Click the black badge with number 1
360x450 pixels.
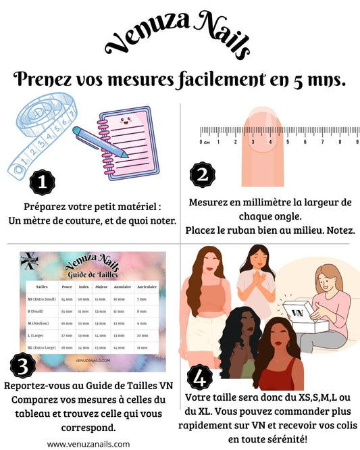(43, 181)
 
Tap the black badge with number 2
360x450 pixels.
(202, 175)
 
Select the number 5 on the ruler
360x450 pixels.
(288, 142)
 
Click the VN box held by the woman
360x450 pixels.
(299, 314)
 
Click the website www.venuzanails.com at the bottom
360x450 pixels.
(88, 444)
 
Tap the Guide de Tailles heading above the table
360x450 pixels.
(90, 274)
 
